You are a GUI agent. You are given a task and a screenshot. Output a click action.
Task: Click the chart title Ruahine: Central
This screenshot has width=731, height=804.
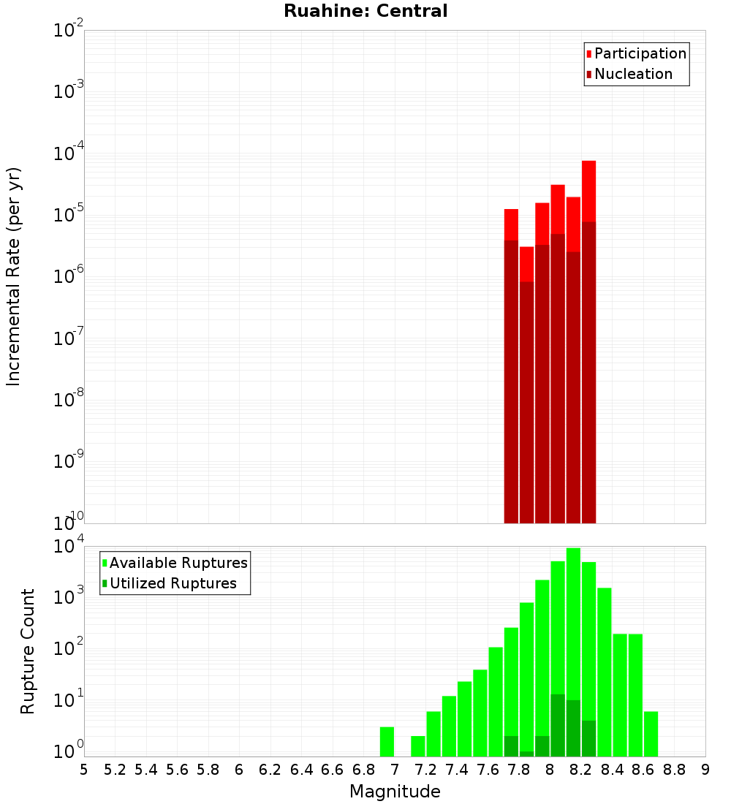tap(365, 11)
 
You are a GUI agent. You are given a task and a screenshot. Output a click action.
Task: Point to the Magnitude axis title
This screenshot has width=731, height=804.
tap(395, 792)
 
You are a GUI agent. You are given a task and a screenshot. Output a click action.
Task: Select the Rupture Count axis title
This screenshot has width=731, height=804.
tap(28, 651)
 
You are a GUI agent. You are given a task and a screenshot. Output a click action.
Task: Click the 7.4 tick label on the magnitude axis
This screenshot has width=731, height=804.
tap(457, 769)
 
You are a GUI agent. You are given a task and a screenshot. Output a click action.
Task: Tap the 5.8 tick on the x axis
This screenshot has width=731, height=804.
tap(208, 769)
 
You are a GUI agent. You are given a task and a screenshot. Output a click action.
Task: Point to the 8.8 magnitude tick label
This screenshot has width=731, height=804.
tap(674, 769)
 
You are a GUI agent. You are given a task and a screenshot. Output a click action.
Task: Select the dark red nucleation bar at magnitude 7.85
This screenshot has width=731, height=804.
tap(526, 402)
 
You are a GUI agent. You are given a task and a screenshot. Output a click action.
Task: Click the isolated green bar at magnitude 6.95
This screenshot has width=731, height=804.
tap(387, 742)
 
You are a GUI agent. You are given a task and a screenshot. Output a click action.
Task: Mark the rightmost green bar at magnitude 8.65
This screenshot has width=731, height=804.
tap(651, 734)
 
